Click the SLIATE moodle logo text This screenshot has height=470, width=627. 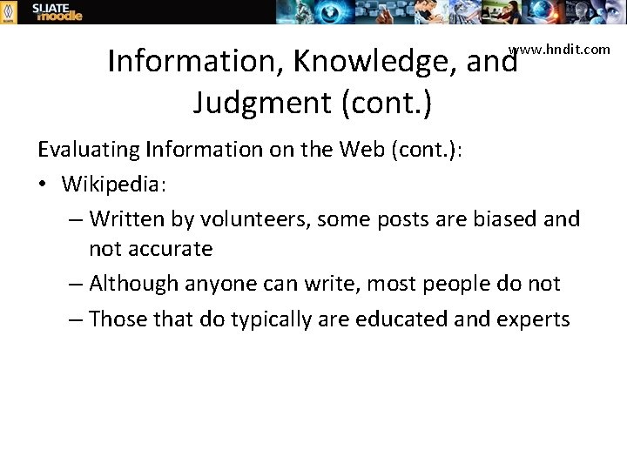(57, 11)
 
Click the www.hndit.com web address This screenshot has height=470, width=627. (560, 49)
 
